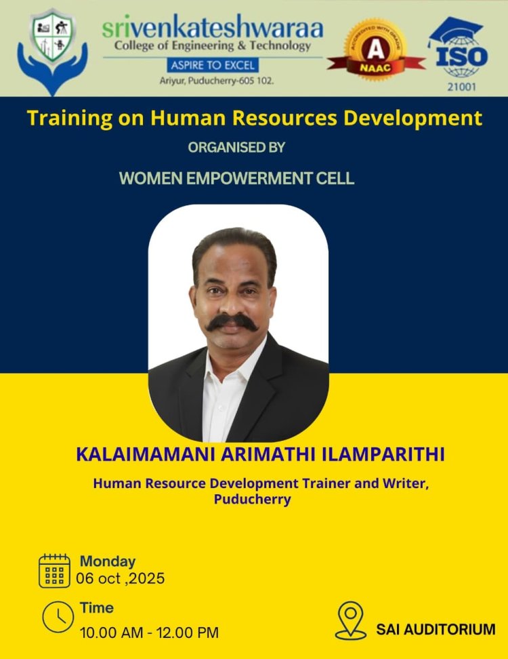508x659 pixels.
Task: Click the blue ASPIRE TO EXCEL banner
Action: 213,66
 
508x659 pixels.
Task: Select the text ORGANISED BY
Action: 236,147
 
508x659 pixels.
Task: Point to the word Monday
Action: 108,561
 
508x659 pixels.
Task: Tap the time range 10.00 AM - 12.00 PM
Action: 149,633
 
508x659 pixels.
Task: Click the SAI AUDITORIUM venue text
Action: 436,629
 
